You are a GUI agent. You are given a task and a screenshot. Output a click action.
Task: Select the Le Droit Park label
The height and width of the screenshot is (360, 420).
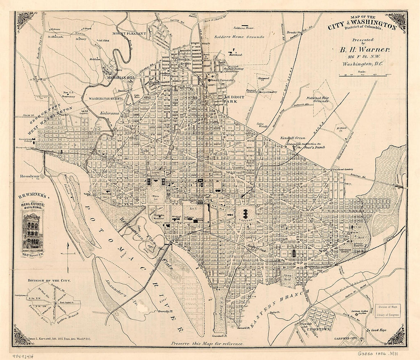(234, 100)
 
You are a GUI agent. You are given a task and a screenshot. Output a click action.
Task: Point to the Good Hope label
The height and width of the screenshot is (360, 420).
(380, 330)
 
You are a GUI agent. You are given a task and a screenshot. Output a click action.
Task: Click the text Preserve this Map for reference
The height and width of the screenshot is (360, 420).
(207, 344)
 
